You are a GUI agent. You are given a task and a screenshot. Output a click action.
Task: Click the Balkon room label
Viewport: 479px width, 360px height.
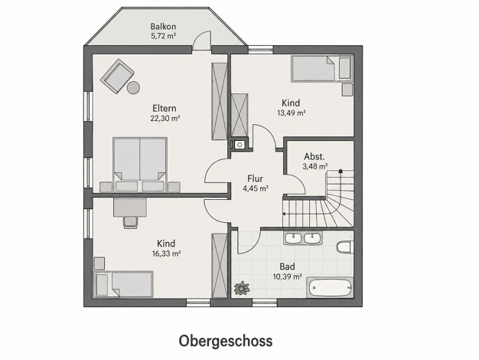[x=163, y=26]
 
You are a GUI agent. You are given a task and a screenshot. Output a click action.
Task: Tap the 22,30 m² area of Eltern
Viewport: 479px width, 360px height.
[x=165, y=118]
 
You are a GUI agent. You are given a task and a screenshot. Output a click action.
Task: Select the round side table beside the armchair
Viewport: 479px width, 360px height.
[x=133, y=88]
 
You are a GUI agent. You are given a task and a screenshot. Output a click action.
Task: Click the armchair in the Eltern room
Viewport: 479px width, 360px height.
[x=117, y=77]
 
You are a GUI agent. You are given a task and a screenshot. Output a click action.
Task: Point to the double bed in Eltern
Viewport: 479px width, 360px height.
[x=140, y=165]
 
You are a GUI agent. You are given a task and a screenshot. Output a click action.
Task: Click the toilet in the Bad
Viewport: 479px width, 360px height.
[x=345, y=247]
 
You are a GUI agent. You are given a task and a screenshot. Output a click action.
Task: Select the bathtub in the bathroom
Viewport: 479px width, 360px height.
[x=330, y=287]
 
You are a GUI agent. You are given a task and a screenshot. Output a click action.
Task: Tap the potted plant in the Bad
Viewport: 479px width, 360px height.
[x=242, y=288]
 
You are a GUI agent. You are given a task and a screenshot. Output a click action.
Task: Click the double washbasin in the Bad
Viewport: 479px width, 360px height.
[x=302, y=238]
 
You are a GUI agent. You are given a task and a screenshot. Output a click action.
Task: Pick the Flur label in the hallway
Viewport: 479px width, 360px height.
[x=255, y=178]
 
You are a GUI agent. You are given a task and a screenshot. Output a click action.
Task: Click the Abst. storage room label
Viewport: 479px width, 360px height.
[x=314, y=156]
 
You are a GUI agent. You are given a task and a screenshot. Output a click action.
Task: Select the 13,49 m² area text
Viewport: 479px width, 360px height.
[x=292, y=113]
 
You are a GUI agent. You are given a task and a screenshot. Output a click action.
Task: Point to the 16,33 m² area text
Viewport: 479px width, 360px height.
[x=167, y=254]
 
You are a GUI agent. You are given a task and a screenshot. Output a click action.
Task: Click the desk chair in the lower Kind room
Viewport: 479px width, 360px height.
[x=130, y=222]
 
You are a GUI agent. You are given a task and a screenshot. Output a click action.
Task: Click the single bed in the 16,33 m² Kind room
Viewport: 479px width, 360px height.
[x=123, y=284]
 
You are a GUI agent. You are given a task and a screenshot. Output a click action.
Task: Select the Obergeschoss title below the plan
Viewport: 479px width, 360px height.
[x=226, y=341]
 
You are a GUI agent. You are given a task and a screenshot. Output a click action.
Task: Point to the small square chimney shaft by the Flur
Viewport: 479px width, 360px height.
[x=239, y=144]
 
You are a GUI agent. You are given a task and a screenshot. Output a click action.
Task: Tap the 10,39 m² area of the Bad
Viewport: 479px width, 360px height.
[x=288, y=277]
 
